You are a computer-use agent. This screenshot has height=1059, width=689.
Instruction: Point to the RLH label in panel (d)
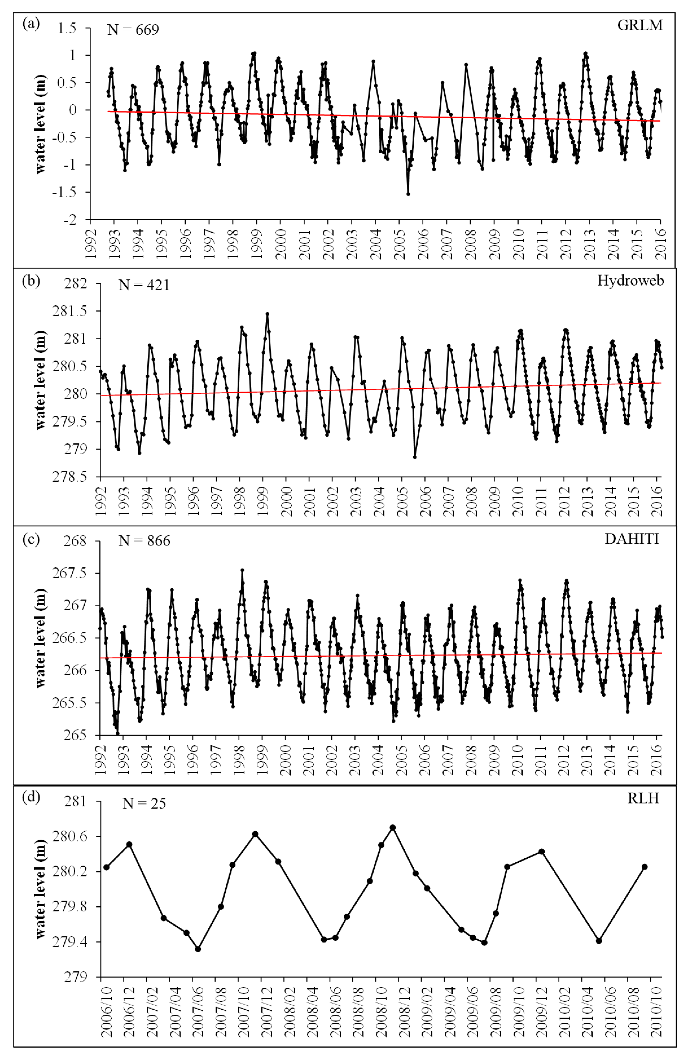[x=643, y=798]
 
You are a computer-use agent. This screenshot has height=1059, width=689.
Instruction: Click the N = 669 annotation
[x=133, y=30]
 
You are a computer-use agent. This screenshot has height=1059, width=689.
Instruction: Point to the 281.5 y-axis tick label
[x=70, y=311]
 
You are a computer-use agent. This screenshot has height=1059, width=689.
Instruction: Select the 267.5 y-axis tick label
[x=70, y=573]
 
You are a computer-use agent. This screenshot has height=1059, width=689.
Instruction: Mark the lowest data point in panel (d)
[x=198, y=949]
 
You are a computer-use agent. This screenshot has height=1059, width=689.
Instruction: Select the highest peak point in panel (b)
[x=267, y=314]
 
